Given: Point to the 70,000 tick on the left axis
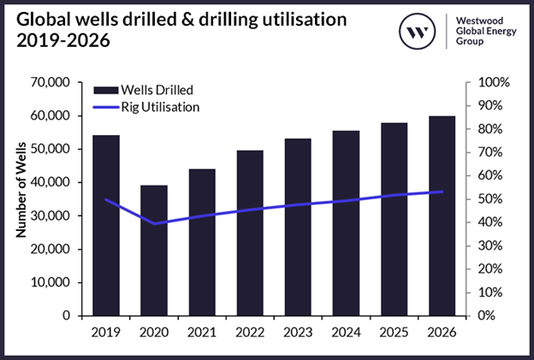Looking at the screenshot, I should tap(49, 83).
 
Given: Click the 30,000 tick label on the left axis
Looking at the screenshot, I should tap(49, 215).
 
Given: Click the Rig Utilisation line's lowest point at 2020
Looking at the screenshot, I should tap(154, 223).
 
